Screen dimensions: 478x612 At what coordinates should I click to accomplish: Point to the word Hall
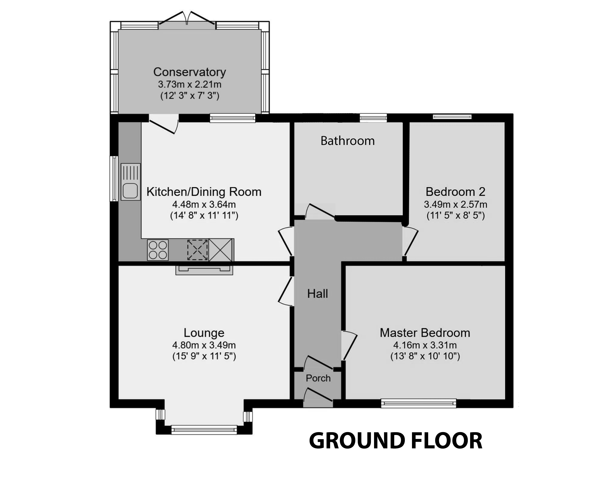click(x=317, y=294)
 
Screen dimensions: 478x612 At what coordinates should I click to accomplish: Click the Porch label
click(x=318, y=378)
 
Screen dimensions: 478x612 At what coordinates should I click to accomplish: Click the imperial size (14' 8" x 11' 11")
click(x=204, y=216)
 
